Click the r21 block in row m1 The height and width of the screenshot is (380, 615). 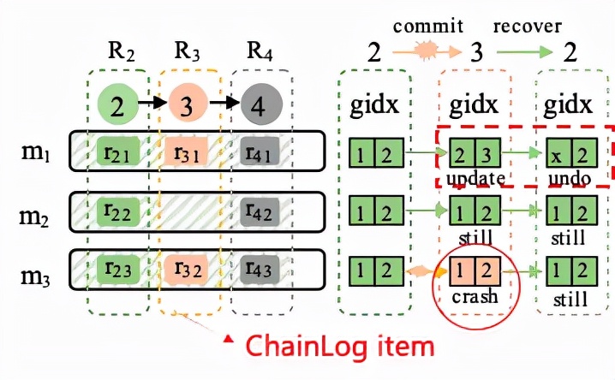[116, 155]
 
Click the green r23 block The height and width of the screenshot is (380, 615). [116, 267]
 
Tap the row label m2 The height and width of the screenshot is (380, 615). [34, 211]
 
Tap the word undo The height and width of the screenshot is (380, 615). [565, 179]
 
